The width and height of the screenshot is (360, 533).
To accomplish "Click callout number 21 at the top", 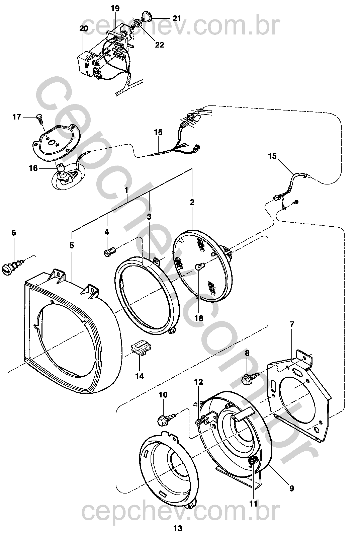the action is tap(177, 18).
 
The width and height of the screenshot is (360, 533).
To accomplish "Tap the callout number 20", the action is tap(84, 28).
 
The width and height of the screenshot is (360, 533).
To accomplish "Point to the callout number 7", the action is tap(292, 324).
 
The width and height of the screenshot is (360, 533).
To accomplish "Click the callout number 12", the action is tap(198, 382).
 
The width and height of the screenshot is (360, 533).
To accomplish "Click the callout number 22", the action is tap(160, 45).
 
